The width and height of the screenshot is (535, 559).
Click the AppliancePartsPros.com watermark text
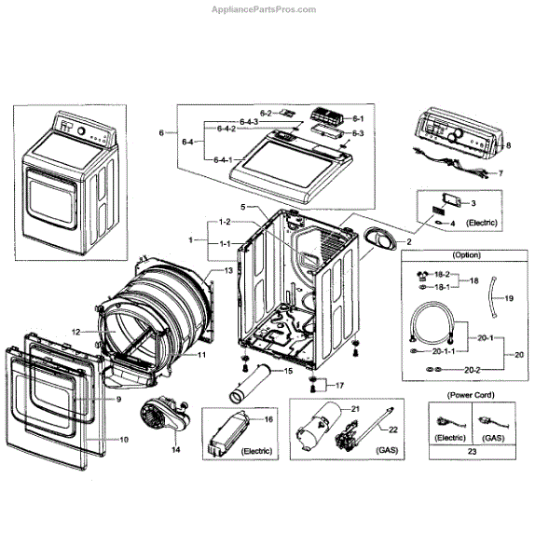click(x=264, y=9)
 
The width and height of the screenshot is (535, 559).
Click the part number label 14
click(x=176, y=450)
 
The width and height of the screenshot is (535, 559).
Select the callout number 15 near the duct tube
click(x=288, y=371)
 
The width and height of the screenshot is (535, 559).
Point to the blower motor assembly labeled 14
click(x=164, y=416)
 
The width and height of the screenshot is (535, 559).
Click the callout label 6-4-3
click(x=249, y=122)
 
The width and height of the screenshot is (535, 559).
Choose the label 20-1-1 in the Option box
click(x=444, y=351)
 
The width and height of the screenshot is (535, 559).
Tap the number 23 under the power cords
click(x=472, y=451)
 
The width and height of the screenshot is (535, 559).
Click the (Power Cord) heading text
click(x=471, y=395)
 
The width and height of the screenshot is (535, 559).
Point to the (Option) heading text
click(x=467, y=255)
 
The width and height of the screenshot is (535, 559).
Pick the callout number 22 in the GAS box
click(x=392, y=429)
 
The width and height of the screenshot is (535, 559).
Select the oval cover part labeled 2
click(x=381, y=239)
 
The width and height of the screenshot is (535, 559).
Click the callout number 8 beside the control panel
click(x=508, y=145)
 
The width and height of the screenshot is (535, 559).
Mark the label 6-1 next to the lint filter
click(x=358, y=118)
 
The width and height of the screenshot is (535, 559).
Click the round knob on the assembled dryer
click(x=81, y=130)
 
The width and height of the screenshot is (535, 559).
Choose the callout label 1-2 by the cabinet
click(x=225, y=222)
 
